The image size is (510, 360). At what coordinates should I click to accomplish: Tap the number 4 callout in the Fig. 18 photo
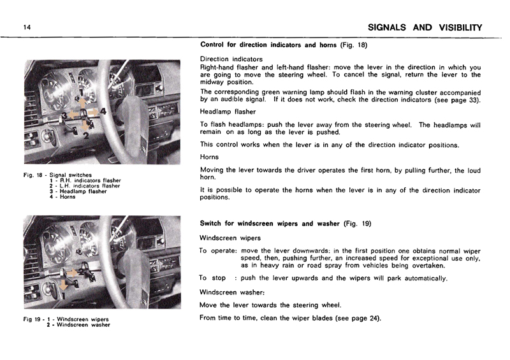[x=103, y=111]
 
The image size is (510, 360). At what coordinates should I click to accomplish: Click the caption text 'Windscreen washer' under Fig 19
[x=82, y=325]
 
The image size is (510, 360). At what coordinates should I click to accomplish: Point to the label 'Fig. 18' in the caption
[x=31, y=175]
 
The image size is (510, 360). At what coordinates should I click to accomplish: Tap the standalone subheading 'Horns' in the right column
[x=210, y=156]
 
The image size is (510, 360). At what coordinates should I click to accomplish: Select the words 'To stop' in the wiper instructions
[x=213, y=278]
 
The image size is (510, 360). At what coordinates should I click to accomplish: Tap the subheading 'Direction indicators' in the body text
[x=231, y=59]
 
